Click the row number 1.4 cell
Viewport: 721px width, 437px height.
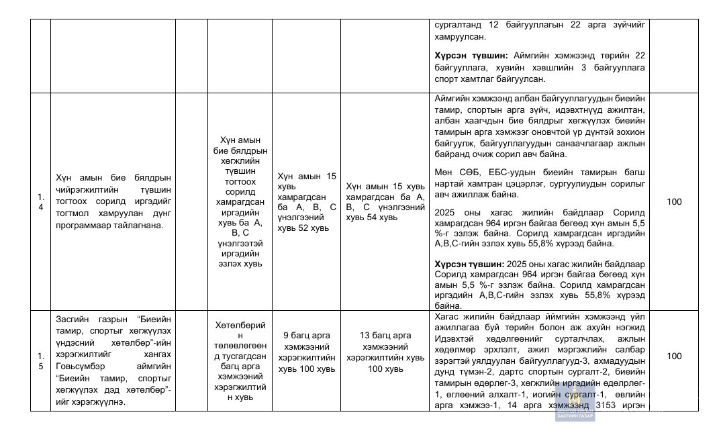point(40,202)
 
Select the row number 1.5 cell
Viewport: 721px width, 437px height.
point(40,360)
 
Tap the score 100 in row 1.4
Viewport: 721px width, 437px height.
point(673,202)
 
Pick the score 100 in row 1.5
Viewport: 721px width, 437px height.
point(673,356)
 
